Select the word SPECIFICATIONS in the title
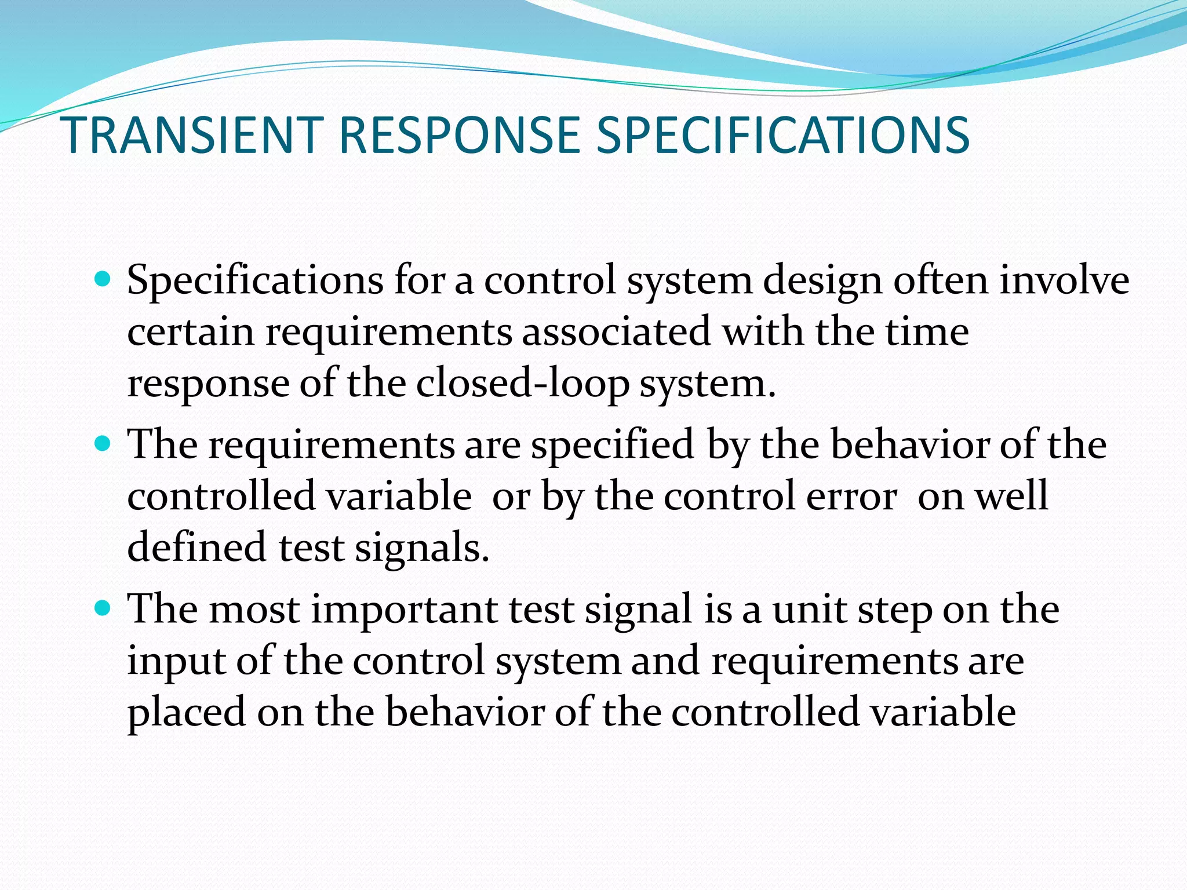pyautogui.click(x=782, y=136)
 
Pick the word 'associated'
pyautogui.click(x=616, y=332)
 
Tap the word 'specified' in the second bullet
pyautogui.click(x=613, y=446)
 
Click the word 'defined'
pyautogui.click(x=196, y=547)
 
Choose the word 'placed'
pyautogui.click(x=186, y=713)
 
